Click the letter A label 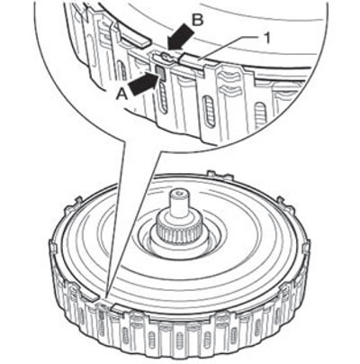click(122, 95)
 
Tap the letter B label click(198, 21)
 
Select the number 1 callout click(267, 39)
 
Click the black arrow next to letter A click(144, 84)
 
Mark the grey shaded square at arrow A click(160, 72)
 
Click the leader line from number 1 click(229, 49)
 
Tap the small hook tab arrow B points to click(165, 56)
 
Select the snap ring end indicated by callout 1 click(192, 61)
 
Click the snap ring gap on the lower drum click(105, 303)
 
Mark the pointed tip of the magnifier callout click(106, 296)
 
